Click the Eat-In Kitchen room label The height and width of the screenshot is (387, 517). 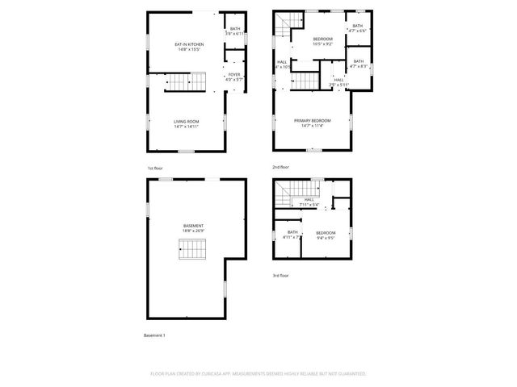pyautogui.click(x=190, y=46)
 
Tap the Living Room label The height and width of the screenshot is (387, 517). pyautogui.click(x=186, y=123)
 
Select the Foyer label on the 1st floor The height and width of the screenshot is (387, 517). pyautogui.click(x=233, y=77)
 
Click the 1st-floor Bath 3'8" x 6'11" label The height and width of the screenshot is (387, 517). pyautogui.click(x=234, y=31)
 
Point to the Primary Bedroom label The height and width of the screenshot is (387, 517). pyautogui.click(x=312, y=123)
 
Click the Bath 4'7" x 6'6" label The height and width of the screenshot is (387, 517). pyautogui.click(x=358, y=28)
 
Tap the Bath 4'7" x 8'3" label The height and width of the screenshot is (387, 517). pyautogui.click(x=358, y=64)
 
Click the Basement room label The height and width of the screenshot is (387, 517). pyautogui.click(x=193, y=228)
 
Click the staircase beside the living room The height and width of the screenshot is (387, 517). pyautogui.click(x=186, y=81)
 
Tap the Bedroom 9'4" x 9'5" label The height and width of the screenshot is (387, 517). pyautogui.click(x=326, y=235)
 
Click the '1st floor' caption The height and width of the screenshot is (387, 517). pyautogui.click(x=155, y=168)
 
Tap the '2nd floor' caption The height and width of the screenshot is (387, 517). pyautogui.click(x=280, y=168)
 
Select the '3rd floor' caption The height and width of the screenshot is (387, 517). pyautogui.click(x=280, y=275)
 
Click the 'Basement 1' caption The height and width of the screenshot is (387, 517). pyautogui.click(x=154, y=335)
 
